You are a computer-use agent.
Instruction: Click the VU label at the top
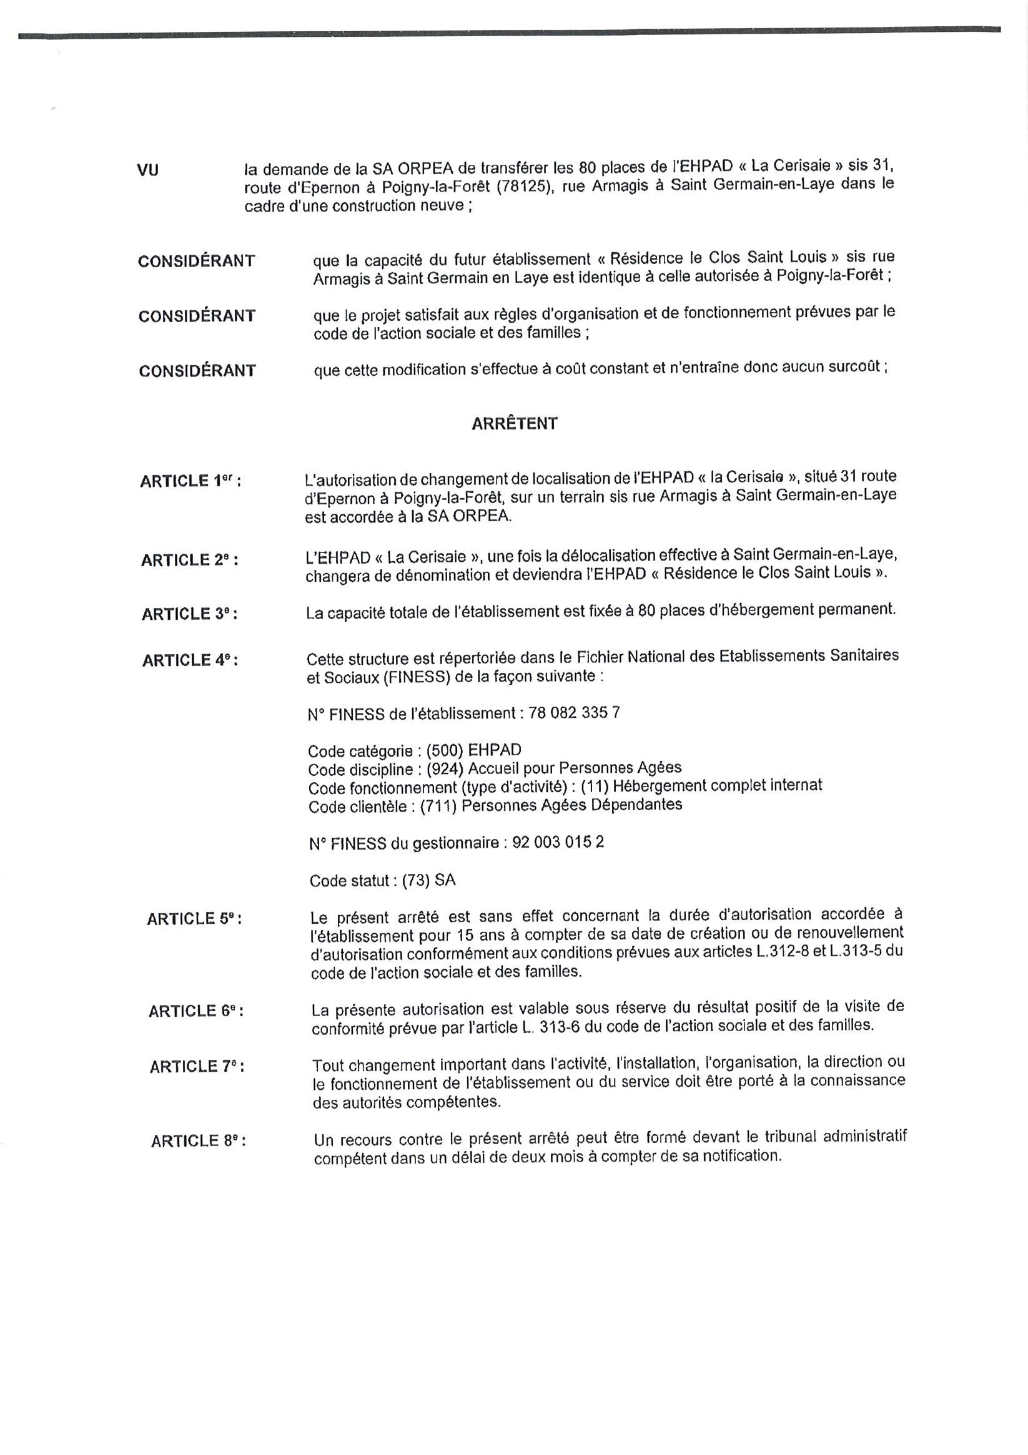pos(148,170)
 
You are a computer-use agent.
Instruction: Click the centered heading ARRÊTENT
pos(515,424)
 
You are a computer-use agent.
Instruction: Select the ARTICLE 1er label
pos(190,481)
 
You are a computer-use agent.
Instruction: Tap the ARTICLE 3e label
pos(189,614)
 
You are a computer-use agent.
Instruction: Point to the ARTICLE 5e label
pos(194,919)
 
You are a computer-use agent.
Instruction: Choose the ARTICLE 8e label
pos(198,1141)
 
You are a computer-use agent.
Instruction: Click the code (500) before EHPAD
pos(444,751)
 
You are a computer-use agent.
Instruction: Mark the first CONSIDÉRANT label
pos(197,261)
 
